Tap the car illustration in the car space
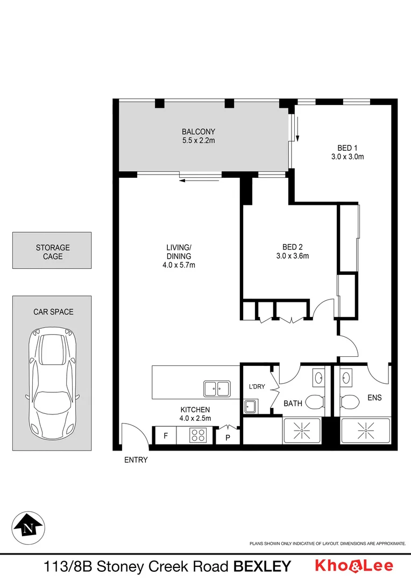click(52, 383)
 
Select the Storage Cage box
click(53, 252)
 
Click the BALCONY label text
click(198, 131)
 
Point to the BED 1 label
click(348, 148)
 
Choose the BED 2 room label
click(289, 247)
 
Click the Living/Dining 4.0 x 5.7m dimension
click(179, 265)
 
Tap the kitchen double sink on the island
click(217, 387)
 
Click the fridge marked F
click(166, 436)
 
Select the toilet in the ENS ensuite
click(350, 403)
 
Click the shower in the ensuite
click(366, 430)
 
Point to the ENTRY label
click(136, 460)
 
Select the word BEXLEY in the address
click(261, 566)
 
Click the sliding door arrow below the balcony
click(200, 180)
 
